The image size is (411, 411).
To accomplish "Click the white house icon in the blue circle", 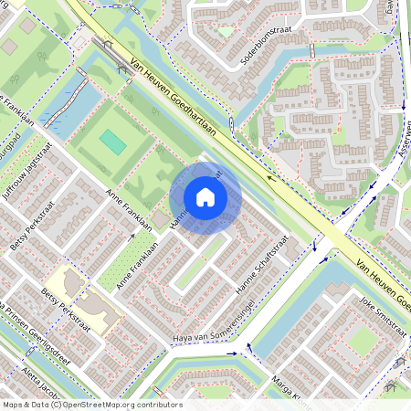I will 205,197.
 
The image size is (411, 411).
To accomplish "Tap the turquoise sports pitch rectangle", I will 113,142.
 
